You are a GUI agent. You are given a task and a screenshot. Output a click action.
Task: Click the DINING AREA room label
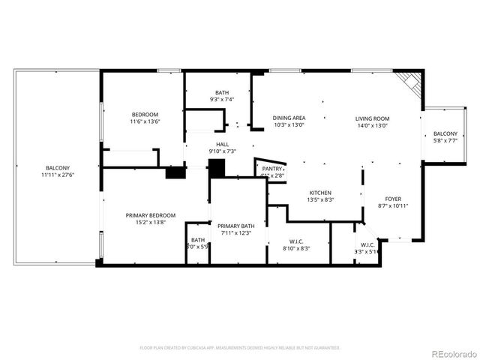[289, 118]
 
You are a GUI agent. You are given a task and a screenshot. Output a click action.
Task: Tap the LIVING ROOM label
[372, 118]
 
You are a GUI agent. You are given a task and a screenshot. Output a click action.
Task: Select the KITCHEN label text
[320, 193]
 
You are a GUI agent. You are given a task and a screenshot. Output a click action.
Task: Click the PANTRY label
[271, 169]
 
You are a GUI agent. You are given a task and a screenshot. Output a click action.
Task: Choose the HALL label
[222, 144]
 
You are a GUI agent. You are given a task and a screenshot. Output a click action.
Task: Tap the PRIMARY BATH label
[236, 226]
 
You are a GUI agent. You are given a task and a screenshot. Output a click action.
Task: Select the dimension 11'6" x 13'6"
[145, 121]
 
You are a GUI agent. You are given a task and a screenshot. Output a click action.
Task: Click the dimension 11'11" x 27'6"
[57, 175]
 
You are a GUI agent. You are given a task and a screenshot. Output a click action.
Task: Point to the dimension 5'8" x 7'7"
[445, 140]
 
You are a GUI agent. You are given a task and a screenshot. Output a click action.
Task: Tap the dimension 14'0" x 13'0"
[372, 126]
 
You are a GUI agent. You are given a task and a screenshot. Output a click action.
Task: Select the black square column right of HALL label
[217, 169]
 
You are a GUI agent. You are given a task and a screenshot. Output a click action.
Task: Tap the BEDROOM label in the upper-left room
[145, 113]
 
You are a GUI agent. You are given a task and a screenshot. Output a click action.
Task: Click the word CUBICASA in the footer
[211, 348]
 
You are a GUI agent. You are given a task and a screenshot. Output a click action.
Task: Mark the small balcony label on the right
[445, 133]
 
